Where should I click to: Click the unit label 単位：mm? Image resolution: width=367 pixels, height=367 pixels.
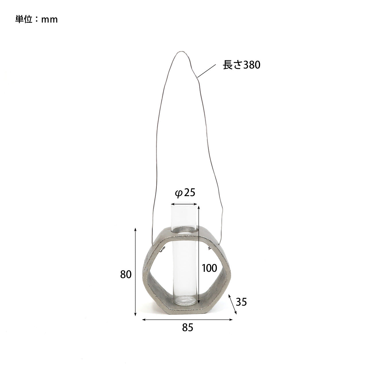pos(36,19)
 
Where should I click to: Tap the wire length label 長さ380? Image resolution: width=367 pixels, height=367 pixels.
pos(241,65)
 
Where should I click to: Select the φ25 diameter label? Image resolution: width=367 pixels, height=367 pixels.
pos(185,193)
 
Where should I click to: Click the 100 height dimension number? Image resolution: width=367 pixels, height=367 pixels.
pos(209,268)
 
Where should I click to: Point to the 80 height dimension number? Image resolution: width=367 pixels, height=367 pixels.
pos(126,274)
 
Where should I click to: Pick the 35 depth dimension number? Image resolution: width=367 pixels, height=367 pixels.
pos(241,302)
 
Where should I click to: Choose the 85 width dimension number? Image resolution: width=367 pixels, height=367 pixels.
pos(188,327)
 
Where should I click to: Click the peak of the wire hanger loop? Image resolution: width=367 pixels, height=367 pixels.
pos(181,52)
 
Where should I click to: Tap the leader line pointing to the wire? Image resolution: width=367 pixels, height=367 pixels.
pos(207,71)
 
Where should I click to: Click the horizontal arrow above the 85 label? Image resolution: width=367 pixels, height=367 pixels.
pos(188,319)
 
